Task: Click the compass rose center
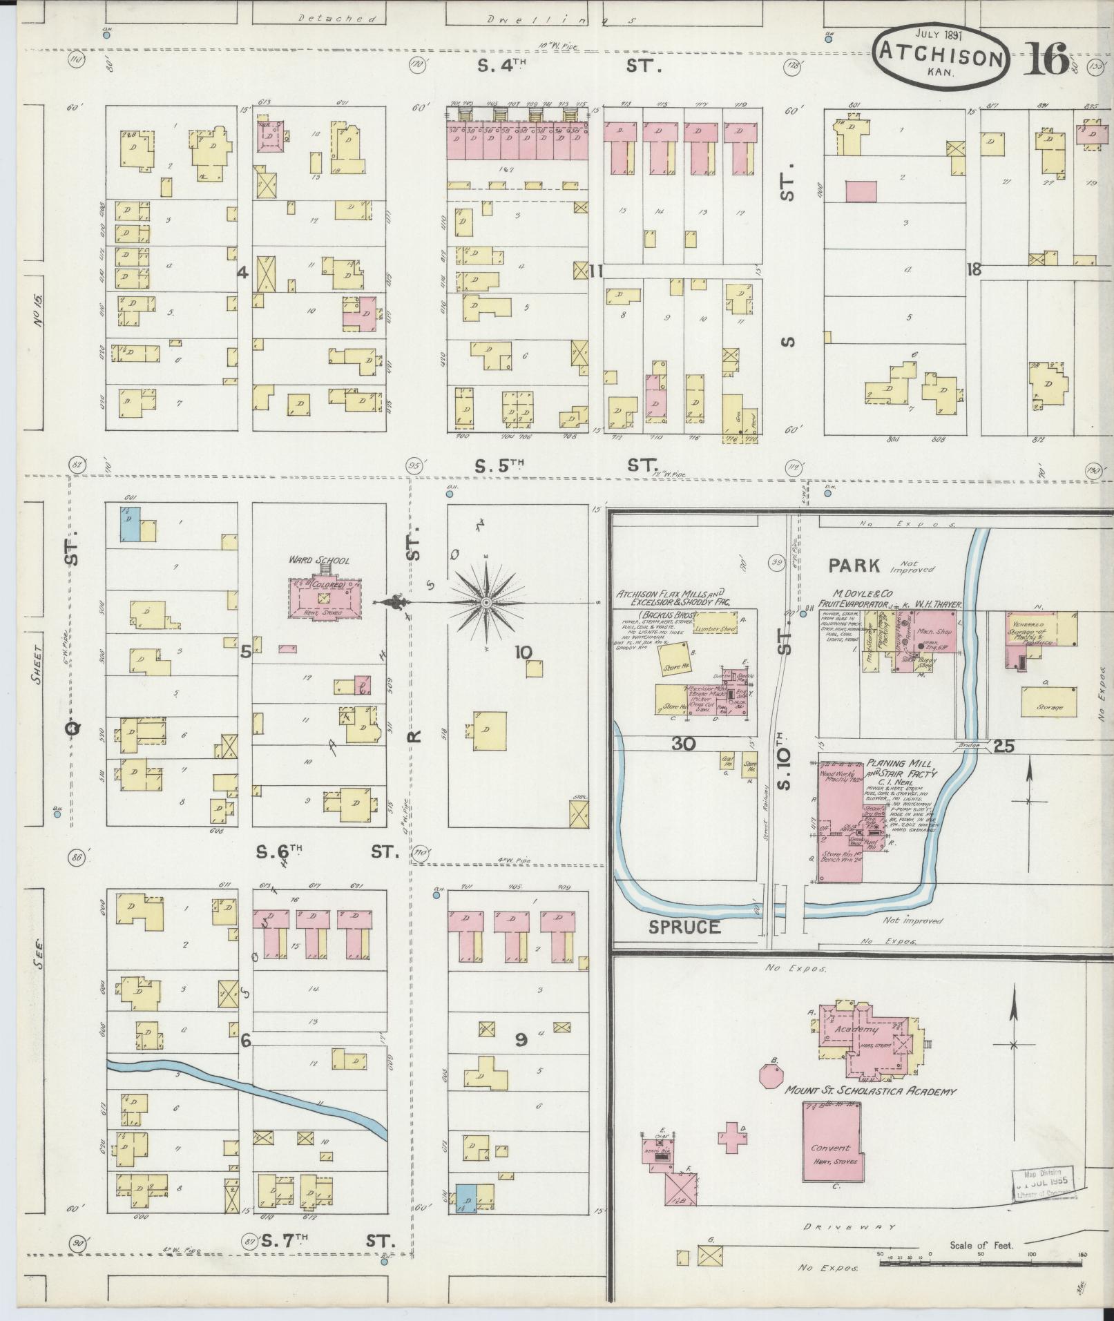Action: [x=486, y=603]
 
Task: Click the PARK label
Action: [x=854, y=566]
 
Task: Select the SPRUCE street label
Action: [x=684, y=927]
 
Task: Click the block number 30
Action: [x=684, y=744]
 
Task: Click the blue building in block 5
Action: [x=131, y=524]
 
